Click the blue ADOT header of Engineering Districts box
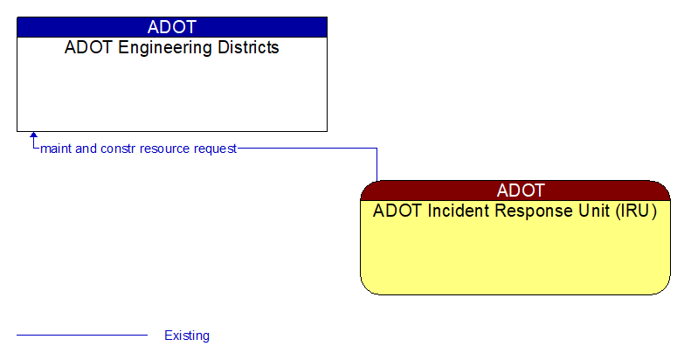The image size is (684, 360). pyautogui.click(x=172, y=27)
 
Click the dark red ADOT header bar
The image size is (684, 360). pyautogui.click(x=515, y=190)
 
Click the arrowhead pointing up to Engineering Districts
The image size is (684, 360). pyautogui.click(x=33, y=136)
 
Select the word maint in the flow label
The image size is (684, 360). pyautogui.click(x=56, y=149)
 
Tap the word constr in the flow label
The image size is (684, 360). pyautogui.click(x=118, y=149)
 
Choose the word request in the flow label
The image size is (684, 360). pyautogui.click(x=216, y=149)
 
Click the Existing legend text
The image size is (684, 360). pyautogui.click(x=187, y=336)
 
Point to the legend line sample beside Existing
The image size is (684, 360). pyautogui.click(x=82, y=335)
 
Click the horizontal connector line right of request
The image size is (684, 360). pyautogui.click(x=306, y=149)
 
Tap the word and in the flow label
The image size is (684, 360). pyautogui.click(x=86, y=149)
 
